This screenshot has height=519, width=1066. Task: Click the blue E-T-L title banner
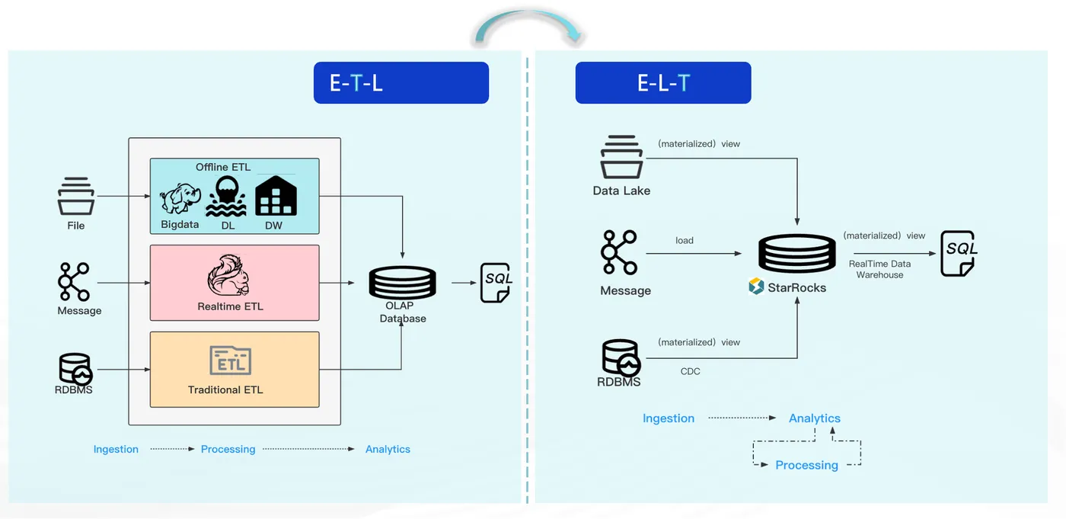pos(401,82)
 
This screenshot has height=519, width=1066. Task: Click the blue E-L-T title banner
pos(663,82)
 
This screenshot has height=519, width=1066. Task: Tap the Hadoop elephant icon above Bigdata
pos(180,198)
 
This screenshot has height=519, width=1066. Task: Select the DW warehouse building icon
pos(276,196)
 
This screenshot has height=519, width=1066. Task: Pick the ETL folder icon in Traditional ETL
pos(230,360)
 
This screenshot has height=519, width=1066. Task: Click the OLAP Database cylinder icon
pos(402,282)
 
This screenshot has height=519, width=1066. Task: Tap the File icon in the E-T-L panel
pos(76,196)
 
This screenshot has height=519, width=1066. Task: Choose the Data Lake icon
pos(621,157)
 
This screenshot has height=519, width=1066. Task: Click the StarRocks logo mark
pos(755,286)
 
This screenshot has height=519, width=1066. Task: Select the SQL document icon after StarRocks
pos(959,253)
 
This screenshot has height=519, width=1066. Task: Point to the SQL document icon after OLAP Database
pos(496,283)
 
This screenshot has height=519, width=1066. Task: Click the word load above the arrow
pos(685,241)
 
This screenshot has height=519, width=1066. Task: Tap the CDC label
pos(690,371)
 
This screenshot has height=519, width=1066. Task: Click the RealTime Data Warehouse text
pos(879,269)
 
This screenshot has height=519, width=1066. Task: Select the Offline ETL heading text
pos(222,167)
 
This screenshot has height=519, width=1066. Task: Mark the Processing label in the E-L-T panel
pos(806,465)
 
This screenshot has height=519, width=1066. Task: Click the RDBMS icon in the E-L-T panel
pos(621,357)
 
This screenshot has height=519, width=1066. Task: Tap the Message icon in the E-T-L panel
pos(74,282)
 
